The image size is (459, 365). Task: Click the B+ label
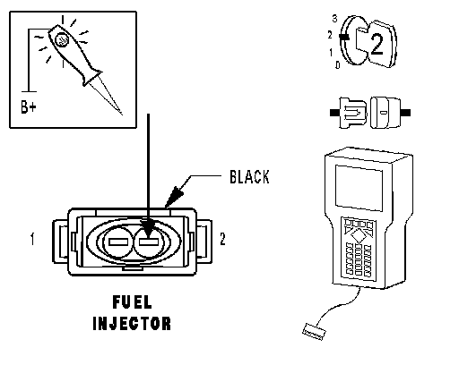pos(29,106)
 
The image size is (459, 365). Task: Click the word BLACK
pos(249,176)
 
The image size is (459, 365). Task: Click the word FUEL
pos(132,302)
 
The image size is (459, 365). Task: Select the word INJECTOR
pos(132,323)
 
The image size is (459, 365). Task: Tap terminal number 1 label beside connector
pos(32,239)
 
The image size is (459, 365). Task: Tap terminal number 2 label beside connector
pos(222,239)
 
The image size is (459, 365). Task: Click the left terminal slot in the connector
pos(118,242)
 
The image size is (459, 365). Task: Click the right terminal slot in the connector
pos(149,242)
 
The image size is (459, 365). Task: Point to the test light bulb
pos(62,40)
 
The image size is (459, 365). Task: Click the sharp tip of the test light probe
pos(122,115)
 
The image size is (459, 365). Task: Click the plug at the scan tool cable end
pos(314,332)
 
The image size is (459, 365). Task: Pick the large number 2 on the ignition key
pos(377,45)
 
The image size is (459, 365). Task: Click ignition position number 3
pos(334,19)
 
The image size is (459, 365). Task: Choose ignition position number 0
pos(338,64)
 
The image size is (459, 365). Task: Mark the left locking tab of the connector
pos(61,242)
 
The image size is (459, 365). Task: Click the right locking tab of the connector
pos(204,242)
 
